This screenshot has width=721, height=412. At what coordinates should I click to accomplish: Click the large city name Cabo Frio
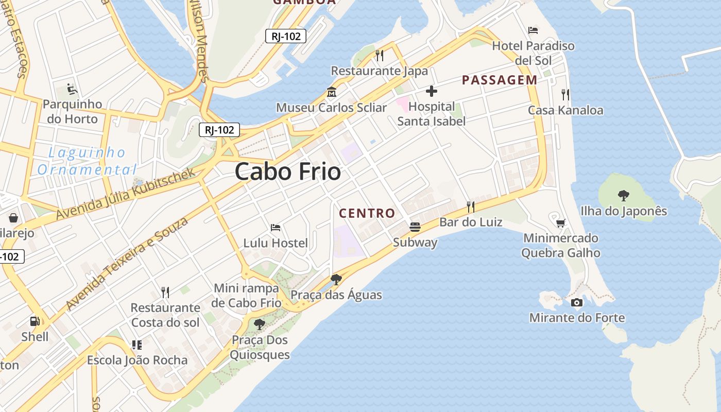(288, 172)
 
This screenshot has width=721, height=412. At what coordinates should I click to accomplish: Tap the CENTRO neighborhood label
(367, 213)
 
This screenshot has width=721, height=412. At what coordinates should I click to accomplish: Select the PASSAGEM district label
(500, 80)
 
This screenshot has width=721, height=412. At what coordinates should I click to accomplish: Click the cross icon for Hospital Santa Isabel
(432, 92)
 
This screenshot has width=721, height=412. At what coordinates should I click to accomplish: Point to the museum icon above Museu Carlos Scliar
(332, 93)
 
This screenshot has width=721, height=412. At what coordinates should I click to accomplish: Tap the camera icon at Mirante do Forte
(577, 302)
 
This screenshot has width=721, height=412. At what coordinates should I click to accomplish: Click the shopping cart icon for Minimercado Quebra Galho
(560, 223)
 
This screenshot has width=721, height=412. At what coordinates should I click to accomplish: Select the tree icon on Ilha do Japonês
(624, 196)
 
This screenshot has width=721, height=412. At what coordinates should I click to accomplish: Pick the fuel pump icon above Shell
(35, 321)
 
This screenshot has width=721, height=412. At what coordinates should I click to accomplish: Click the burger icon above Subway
(415, 227)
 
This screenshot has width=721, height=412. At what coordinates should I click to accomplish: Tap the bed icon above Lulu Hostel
(276, 227)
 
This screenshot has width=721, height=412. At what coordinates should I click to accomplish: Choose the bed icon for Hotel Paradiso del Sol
(533, 30)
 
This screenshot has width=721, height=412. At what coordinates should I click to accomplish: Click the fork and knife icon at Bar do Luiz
(470, 207)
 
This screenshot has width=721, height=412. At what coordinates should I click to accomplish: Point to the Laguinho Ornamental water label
(87, 161)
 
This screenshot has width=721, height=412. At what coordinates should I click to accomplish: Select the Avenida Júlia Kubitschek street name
(126, 193)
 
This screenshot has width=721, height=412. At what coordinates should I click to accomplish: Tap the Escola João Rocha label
(137, 360)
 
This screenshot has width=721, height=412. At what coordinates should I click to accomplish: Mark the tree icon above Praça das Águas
(336, 280)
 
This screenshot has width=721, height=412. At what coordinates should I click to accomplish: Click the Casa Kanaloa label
(565, 110)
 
